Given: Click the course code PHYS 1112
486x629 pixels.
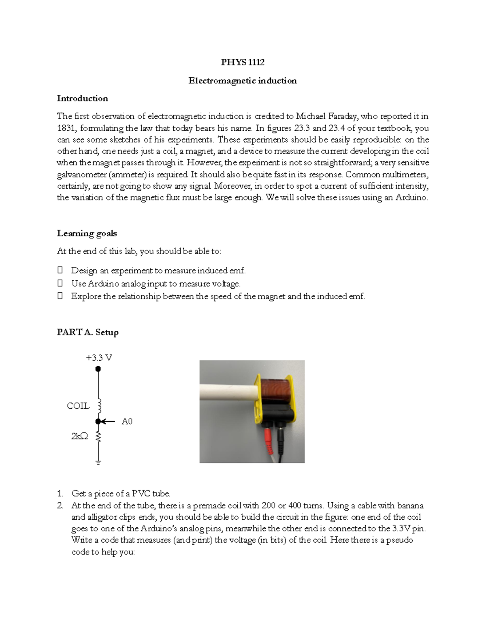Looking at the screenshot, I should click(x=242, y=62).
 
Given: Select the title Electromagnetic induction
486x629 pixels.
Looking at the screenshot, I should click(x=242, y=81).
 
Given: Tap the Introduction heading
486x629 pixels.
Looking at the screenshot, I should click(x=82, y=98).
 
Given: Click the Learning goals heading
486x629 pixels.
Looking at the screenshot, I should click(x=87, y=233).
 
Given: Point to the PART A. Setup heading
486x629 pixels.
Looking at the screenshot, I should click(x=87, y=333).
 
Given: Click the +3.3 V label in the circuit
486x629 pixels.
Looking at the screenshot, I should click(x=98, y=358).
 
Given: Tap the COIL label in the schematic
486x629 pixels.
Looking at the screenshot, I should click(x=78, y=406).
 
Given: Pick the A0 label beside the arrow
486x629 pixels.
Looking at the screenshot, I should click(x=127, y=422).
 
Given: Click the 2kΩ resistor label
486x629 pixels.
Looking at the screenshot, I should click(x=79, y=437).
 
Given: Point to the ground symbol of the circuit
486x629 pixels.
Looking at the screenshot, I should click(x=98, y=462).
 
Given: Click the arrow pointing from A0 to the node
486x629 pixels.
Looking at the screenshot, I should click(x=109, y=422).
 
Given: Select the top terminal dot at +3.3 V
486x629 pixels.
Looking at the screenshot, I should click(x=98, y=369).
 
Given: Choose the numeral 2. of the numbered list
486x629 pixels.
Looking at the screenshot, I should click(x=60, y=505).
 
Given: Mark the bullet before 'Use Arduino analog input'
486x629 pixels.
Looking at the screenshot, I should click(x=60, y=284).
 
